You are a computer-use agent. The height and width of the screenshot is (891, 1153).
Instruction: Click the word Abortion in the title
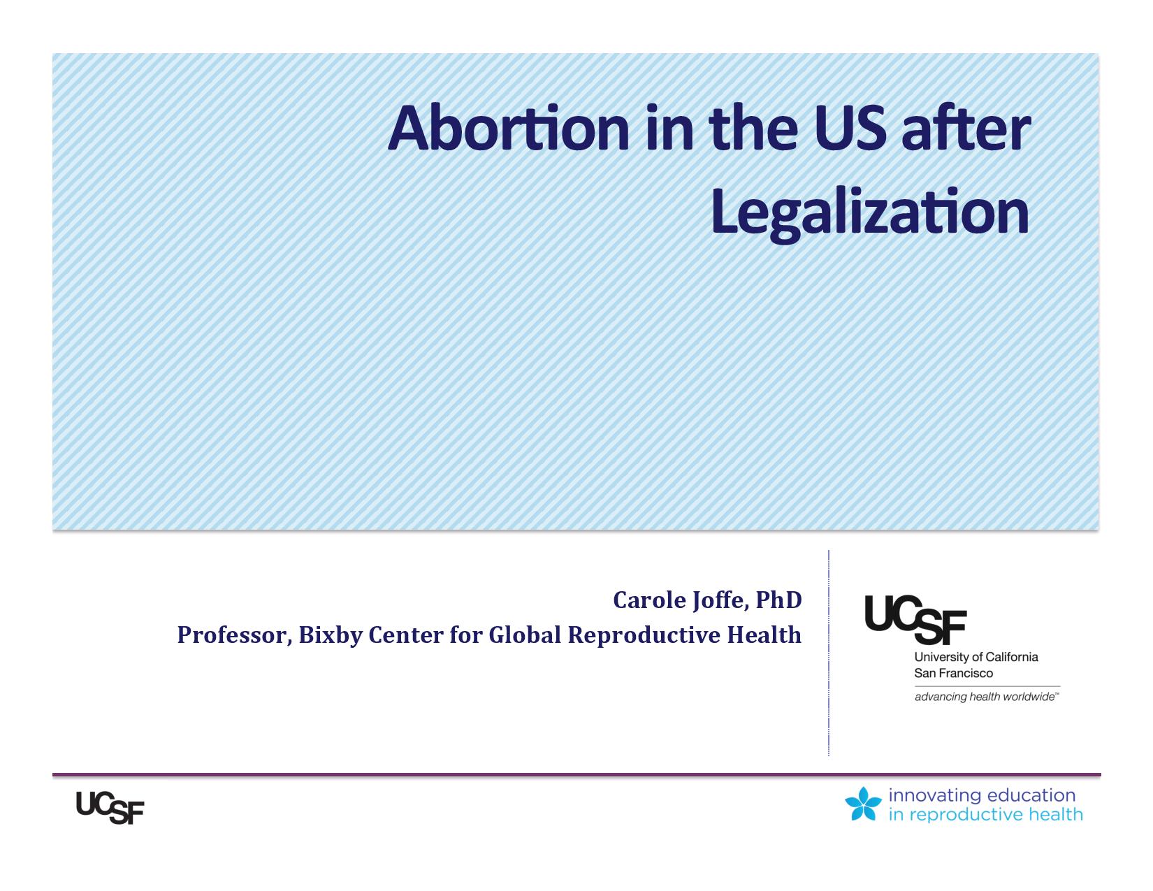(x=508, y=129)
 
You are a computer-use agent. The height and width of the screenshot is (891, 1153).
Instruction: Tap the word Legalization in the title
(x=870, y=212)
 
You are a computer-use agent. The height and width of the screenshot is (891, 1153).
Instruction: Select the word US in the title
(x=850, y=129)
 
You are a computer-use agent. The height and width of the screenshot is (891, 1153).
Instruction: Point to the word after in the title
(x=966, y=129)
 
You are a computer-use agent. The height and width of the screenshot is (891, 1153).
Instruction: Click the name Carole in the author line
(x=649, y=600)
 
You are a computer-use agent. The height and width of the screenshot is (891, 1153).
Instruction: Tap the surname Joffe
(x=720, y=601)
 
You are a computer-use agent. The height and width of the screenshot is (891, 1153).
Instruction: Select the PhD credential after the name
(x=778, y=600)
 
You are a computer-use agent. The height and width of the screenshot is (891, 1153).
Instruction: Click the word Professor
(x=234, y=635)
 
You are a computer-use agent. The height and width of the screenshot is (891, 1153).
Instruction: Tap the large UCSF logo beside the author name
(x=915, y=620)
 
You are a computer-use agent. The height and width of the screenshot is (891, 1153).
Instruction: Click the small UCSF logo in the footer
(x=110, y=809)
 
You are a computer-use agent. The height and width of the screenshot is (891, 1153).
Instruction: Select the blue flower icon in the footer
(x=863, y=804)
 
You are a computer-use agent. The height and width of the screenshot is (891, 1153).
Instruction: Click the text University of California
(x=976, y=657)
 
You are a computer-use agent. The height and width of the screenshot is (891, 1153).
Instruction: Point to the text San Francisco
(x=953, y=674)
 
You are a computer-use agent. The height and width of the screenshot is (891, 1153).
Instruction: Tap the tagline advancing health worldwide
(x=987, y=697)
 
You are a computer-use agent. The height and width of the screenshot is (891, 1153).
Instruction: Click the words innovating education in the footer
(x=982, y=795)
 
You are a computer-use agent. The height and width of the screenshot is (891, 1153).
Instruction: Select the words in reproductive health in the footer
(x=985, y=815)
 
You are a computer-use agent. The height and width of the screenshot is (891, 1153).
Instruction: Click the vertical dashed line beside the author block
(x=828, y=653)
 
